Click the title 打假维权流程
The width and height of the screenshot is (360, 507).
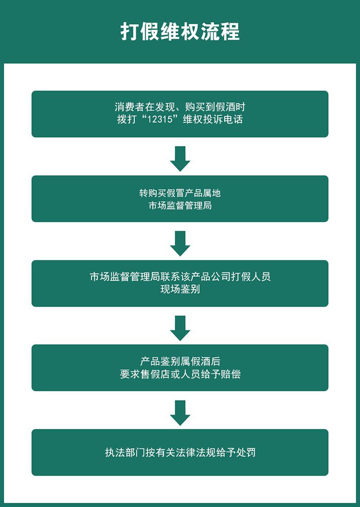pyautogui.click(x=180, y=31)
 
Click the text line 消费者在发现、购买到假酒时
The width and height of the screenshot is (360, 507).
pyautogui.click(x=180, y=107)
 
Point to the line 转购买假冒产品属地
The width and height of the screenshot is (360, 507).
pyautogui.click(x=180, y=193)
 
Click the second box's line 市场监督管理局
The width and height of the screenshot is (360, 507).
pyautogui.click(x=180, y=206)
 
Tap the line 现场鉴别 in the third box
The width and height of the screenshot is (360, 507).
pyautogui.click(x=180, y=289)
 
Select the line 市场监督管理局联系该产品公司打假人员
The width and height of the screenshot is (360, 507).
pyautogui.click(x=180, y=277)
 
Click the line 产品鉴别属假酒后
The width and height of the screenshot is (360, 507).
pyautogui.click(x=180, y=361)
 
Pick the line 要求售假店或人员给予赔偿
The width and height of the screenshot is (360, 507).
pyautogui.click(x=180, y=374)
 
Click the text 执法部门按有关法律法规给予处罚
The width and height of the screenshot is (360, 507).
pyautogui.click(x=180, y=453)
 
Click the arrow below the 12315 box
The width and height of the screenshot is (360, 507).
pyautogui.click(x=180, y=158)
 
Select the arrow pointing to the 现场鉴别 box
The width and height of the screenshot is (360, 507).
pyautogui.click(x=180, y=243)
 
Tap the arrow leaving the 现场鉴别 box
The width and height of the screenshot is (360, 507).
pyautogui.click(x=180, y=328)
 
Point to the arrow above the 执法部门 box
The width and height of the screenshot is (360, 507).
pyautogui.click(x=180, y=412)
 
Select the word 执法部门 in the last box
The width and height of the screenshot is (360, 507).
pyautogui.click(x=124, y=453)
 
